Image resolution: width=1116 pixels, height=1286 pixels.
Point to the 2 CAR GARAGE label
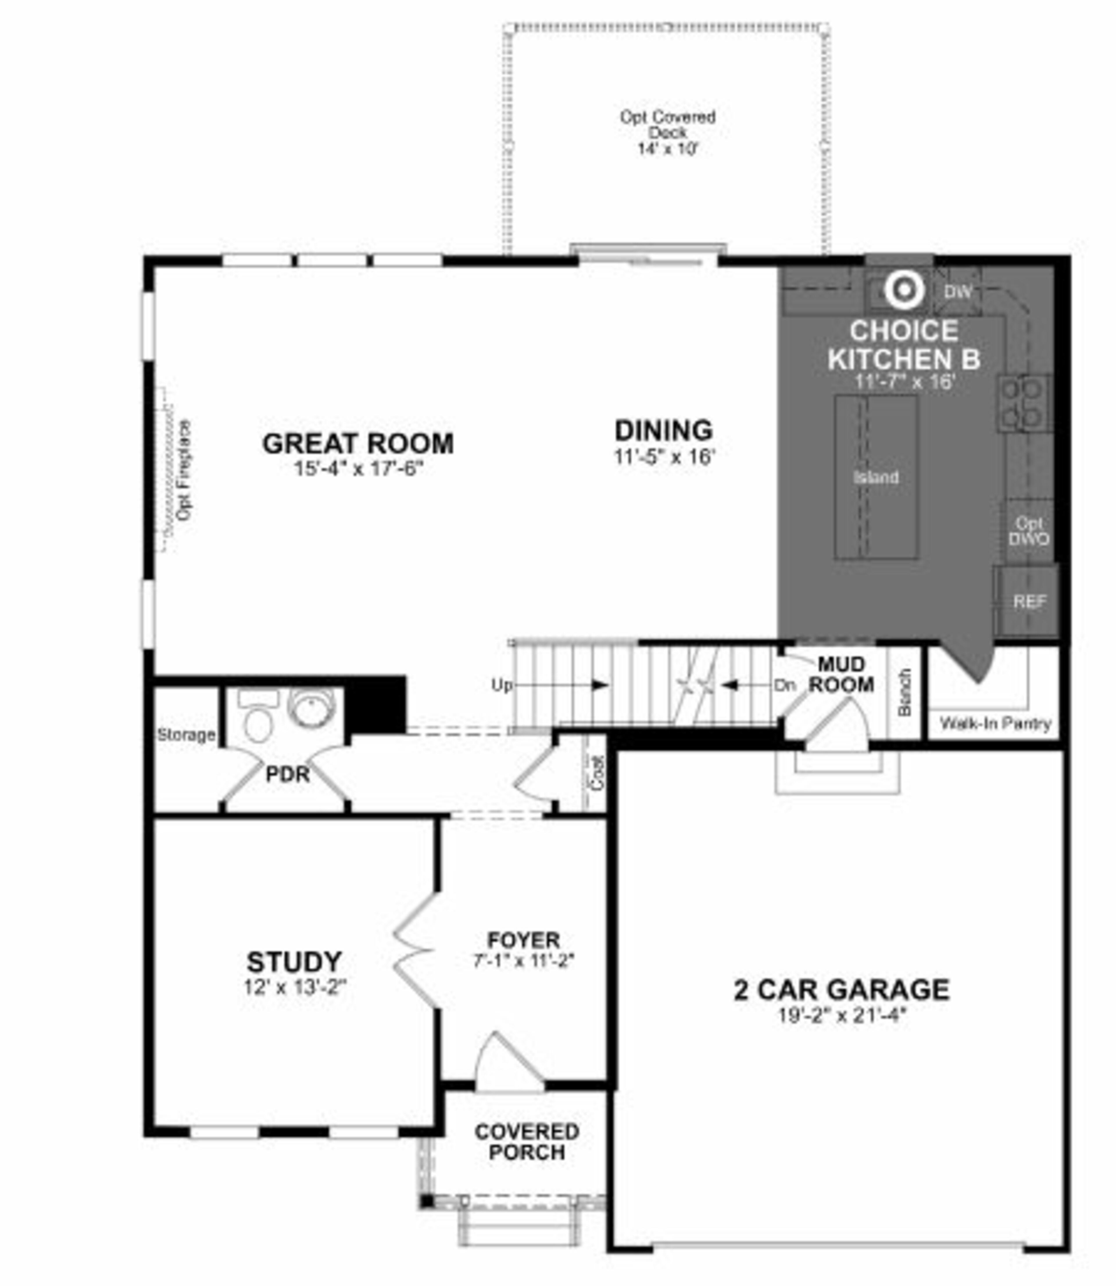click(x=841, y=990)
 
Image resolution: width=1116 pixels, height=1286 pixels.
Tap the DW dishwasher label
click(x=957, y=291)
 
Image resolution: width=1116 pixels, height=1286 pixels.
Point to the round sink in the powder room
click(x=311, y=708)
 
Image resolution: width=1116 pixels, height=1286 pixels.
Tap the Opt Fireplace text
click(x=184, y=470)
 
